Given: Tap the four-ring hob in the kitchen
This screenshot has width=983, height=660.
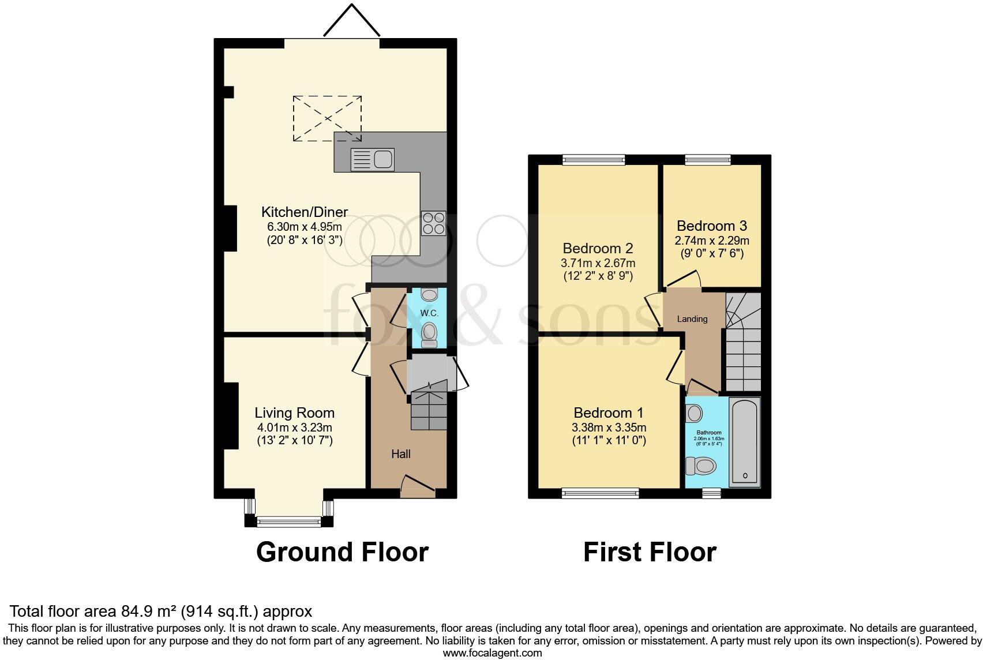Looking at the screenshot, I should pyautogui.click(x=434, y=224).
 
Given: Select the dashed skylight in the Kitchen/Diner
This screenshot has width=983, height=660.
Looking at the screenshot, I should pyautogui.click(x=328, y=118).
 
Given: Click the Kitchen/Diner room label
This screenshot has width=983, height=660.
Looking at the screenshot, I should pyautogui.click(x=305, y=211).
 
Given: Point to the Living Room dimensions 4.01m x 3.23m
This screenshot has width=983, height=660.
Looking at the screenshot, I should pyautogui.click(x=295, y=427).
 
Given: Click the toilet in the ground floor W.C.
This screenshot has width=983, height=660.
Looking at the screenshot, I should pyautogui.click(x=429, y=333).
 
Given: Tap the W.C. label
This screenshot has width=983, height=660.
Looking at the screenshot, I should pyautogui.click(x=429, y=313).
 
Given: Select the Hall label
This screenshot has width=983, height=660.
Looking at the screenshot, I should pyautogui.click(x=401, y=454).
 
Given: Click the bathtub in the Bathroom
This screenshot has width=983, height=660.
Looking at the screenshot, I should pyautogui.click(x=745, y=441).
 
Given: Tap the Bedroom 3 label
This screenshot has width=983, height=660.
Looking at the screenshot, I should pyautogui.click(x=712, y=226).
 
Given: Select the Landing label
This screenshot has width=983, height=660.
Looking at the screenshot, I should pyautogui.click(x=692, y=319).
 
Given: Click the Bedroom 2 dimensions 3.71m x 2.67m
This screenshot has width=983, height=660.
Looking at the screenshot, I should pyautogui.click(x=598, y=262).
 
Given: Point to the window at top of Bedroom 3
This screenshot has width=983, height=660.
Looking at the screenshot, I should pyautogui.click(x=707, y=160).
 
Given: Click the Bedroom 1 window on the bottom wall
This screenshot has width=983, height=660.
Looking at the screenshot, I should pyautogui.click(x=600, y=493).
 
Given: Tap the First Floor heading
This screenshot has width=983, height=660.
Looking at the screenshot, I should pyautogui.click(x=650, y=552).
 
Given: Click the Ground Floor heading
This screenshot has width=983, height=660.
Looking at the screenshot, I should pyautogui.click(x=342, y=552).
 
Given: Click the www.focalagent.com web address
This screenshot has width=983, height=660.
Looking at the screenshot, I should pyautogui.click(x=492, y=653).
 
